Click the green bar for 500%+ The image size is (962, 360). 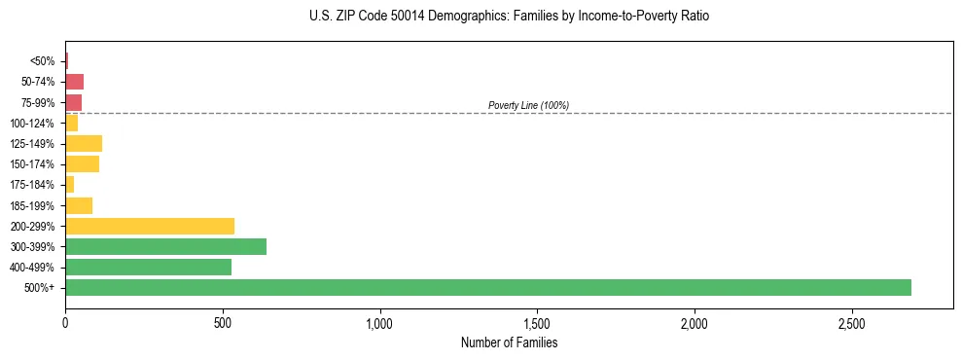[487, 287]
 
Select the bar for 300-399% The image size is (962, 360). [165, 246]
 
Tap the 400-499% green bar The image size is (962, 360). [148, 267]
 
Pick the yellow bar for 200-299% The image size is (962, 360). [150, 226]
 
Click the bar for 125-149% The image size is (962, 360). [84, 144]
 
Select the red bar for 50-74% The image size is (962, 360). [74, 82]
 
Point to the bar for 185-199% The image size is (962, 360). [79, 205]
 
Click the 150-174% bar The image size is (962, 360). [82, 164]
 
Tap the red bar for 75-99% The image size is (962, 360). [73, 102]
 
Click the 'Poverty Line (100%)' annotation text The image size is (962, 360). [528, 105]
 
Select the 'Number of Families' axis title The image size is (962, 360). [509, 342]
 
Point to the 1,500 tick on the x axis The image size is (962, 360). [537, 322]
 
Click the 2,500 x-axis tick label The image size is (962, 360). [851, 322]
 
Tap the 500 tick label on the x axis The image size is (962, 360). [223, 322]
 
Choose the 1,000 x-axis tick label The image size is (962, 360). [379, 322]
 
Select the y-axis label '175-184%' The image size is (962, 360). [33, 185]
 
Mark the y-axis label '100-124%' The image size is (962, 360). [33, 124]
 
